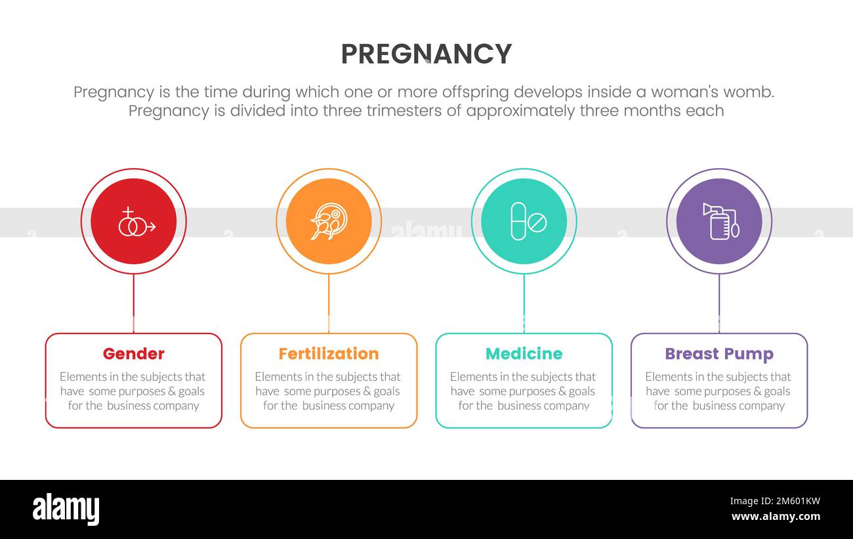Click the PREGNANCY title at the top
(x=426, y=54)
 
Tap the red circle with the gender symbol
(x=134, y=221)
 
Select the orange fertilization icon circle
(x=329, y=221)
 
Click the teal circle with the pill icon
(x=524, y=221)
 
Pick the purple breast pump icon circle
(x=719, y=221)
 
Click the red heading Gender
(x=134, y=354)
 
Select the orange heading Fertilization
(x=329, y=354)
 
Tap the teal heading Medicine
(x=524, y=354)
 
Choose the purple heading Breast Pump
(x=719, y=354)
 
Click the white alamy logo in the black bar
(x=66, y=509)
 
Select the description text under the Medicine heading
(x=524, y=391)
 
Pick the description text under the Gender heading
(x=134, y=391)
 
